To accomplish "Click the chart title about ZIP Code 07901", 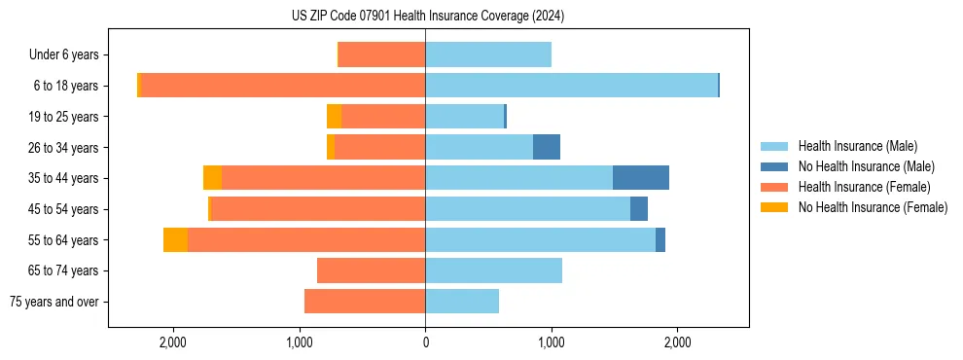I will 427,17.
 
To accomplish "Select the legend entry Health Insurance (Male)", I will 857,146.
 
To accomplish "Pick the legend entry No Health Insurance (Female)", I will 873,207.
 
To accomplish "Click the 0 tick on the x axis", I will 425,342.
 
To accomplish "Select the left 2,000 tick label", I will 173,342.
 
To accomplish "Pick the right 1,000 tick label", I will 552,342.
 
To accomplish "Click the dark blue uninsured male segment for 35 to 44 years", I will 641,178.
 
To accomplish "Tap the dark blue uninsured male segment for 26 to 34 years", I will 547,147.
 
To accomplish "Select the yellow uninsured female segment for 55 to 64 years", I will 175,239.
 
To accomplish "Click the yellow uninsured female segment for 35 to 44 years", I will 212,178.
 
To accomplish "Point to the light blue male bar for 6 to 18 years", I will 571,86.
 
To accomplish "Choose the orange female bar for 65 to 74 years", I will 372,270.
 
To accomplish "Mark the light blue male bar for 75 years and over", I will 462,302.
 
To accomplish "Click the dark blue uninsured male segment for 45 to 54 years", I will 639,209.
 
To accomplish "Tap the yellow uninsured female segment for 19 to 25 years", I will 334,117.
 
